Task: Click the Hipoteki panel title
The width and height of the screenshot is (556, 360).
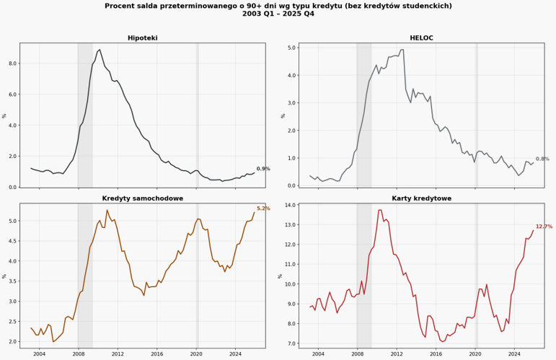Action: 142,38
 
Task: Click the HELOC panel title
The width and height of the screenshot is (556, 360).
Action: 421,38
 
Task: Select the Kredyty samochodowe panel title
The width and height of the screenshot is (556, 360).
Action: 142,198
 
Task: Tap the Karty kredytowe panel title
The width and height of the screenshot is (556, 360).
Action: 421,198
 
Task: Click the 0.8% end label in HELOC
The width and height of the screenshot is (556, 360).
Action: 542,159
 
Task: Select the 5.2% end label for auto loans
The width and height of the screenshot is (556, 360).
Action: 263,208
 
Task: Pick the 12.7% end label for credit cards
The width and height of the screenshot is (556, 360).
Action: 544,227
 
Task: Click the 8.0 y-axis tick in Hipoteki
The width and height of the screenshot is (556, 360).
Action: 12,63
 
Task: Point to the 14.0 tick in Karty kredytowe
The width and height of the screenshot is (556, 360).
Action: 290,205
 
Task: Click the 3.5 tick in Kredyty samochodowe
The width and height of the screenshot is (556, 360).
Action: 12,281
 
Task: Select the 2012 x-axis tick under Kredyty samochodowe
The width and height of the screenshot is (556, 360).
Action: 118,354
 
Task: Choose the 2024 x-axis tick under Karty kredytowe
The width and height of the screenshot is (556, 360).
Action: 514,354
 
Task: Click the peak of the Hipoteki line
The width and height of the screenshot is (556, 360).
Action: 100,50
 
